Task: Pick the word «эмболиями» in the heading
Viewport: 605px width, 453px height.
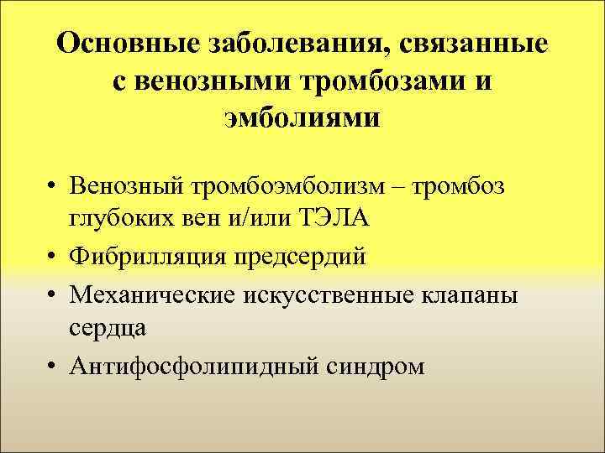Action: click(x=302, y=117)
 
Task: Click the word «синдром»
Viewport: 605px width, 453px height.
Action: click(x=374, y=366)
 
